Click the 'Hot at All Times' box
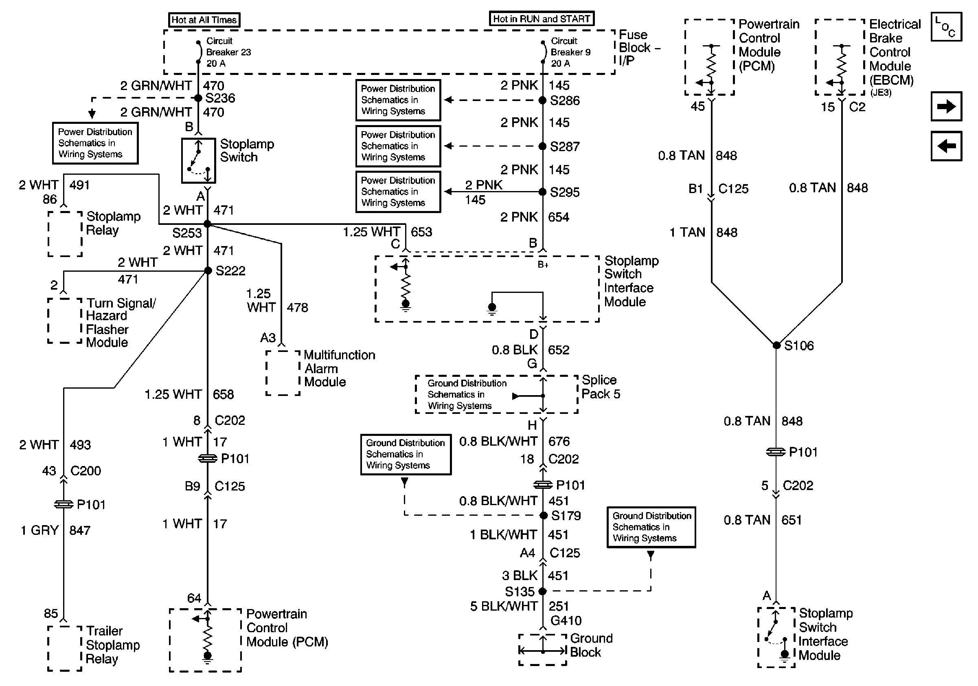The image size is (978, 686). (204, 20)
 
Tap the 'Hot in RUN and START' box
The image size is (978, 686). (542, 19)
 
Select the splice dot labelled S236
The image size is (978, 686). (198, 98)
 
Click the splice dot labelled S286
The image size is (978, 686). (542, 101)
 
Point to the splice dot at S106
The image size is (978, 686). (776, 345)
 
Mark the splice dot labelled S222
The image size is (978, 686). (208, 270)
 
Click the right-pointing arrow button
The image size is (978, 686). (946, 106)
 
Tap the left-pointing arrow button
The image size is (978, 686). (946, 146)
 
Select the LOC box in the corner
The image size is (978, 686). (946, 27)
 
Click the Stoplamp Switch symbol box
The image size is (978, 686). (199, 161)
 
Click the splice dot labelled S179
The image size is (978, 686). (544, 516)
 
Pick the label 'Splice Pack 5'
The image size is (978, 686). (601, 387)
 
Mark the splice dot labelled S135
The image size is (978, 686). (542, 591)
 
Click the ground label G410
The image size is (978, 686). (566, 620)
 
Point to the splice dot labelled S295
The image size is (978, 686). (542, 192)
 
